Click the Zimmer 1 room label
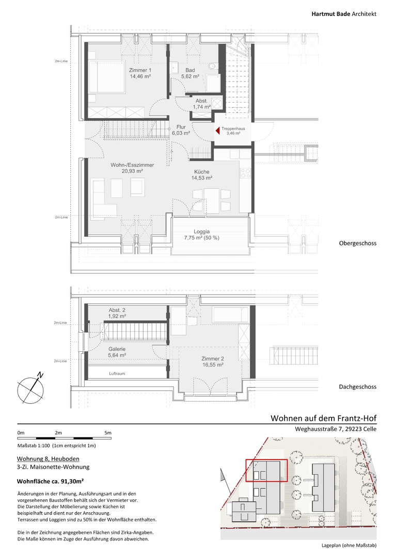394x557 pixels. [x=140, y=73]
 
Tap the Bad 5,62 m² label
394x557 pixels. [x=190, y=73]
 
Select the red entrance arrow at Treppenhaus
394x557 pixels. [x=217, y=131]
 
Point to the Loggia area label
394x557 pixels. [x=201, y=235]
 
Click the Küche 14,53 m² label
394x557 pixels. [x=201, y=175]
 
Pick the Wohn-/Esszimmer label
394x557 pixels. [x=132, y=168]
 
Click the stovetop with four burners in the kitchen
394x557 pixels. [x=245, y=173]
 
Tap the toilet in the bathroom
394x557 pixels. [x=213, y=65]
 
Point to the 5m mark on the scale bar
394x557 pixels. [x=108, y=433]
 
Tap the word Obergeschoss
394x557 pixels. [x=357, y=243]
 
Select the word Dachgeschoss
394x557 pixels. [x=357, y=387]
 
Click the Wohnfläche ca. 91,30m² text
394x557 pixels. [x=51, y=482]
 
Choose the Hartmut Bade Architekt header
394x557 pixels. [x=344, y=14]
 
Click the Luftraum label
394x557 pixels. [x=117, y=373]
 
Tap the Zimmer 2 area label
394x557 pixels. [x=213, y=362]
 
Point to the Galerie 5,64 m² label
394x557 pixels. [x=117, y=352]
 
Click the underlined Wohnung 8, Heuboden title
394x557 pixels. [x=49, y=459]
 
